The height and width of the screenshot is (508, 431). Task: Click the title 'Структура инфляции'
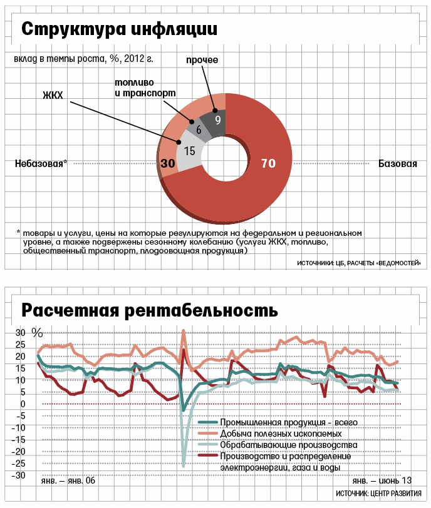(120, 29)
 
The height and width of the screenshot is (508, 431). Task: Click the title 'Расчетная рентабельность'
(150, 310)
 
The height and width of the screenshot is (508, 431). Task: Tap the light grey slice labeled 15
(190, 151)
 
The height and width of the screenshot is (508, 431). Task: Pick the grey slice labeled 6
(199, 130)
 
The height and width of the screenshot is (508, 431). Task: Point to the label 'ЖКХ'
(54, 96)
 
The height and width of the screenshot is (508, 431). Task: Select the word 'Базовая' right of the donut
(398, 164)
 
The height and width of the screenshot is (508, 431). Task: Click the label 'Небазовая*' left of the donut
(41, 164)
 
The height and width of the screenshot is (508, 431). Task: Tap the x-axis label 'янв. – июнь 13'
(382, 480)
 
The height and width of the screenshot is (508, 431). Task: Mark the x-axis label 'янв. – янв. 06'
(69, 480)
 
